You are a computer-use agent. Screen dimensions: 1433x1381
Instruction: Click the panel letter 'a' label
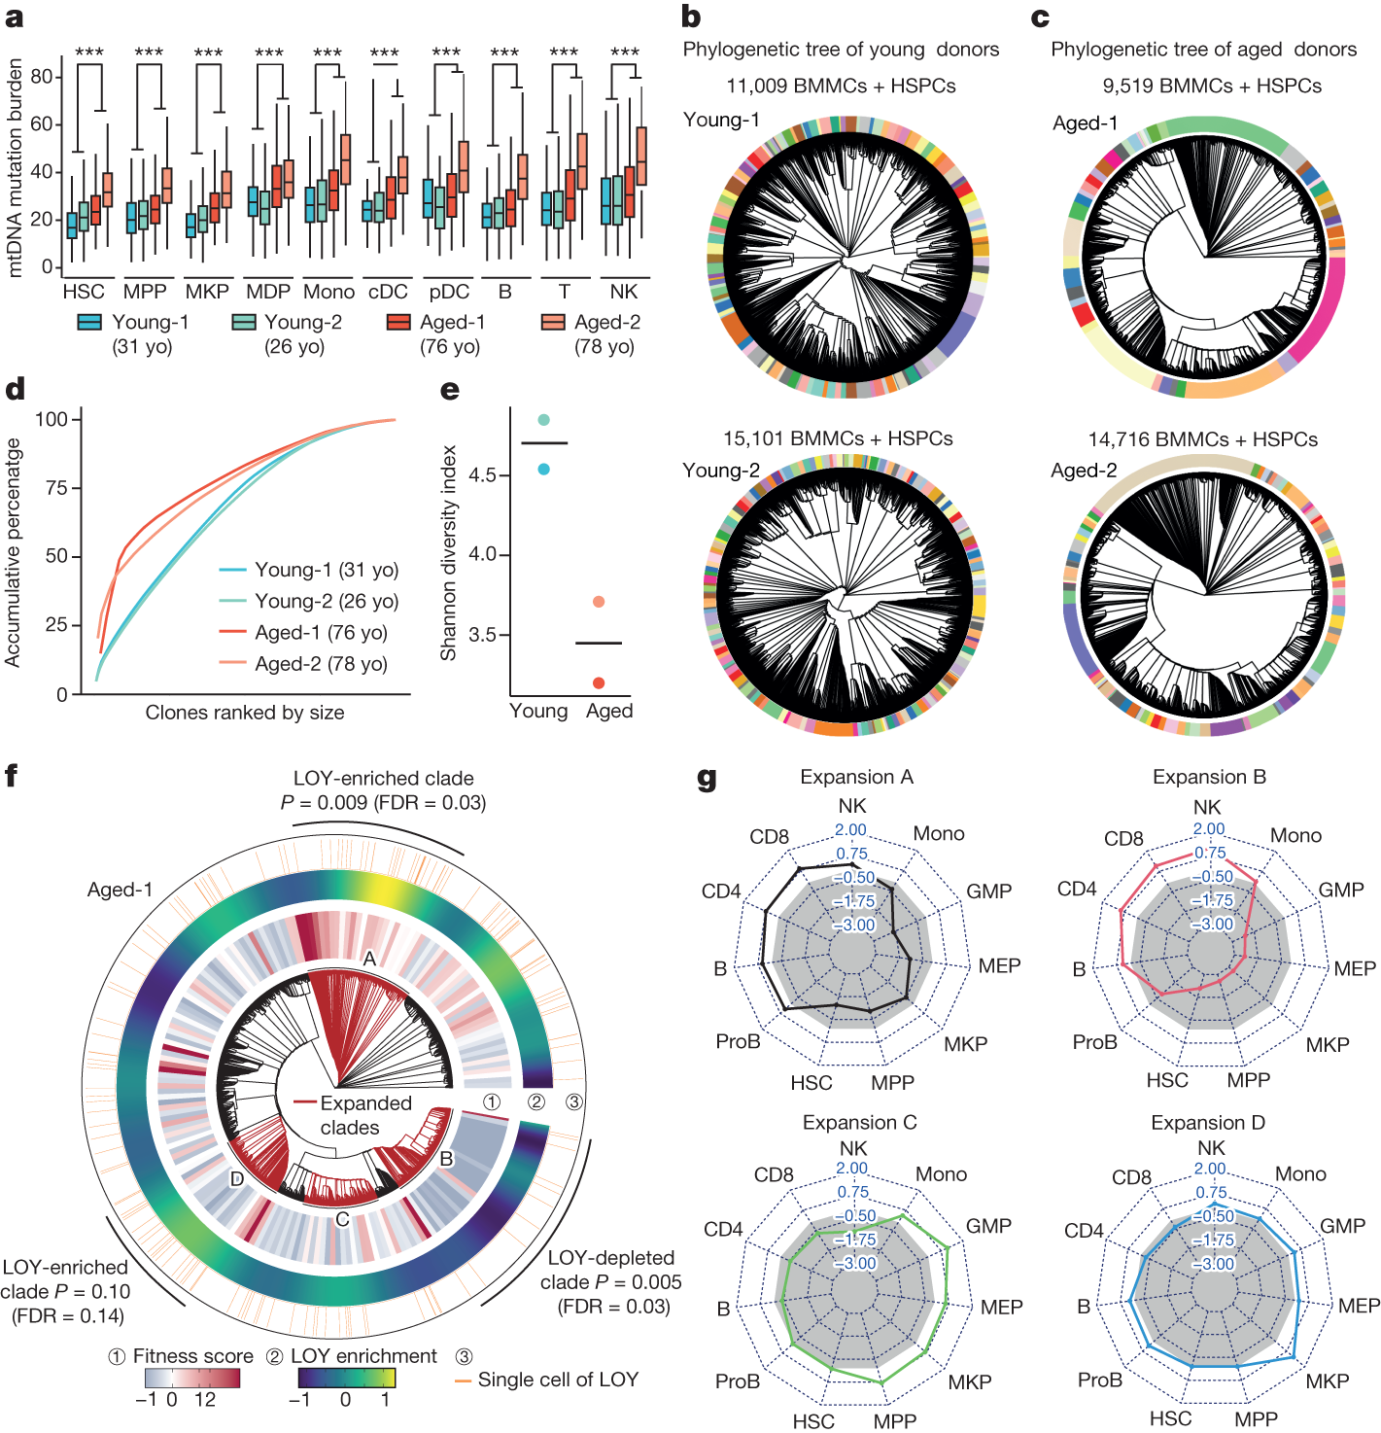coord(14,17)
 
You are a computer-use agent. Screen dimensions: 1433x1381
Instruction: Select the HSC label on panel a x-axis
coord(83,292)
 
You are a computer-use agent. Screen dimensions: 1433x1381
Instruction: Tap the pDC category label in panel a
coord(449,292)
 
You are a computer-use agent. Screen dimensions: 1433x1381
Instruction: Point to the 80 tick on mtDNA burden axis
coord(41,77)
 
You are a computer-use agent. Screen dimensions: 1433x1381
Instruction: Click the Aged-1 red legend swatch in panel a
coord(398,322)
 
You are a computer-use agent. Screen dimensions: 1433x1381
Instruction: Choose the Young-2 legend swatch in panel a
coord(244,322)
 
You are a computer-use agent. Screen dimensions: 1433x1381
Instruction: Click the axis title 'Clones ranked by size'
coord(245,713)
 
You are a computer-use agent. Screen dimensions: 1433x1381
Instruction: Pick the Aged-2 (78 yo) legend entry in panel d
coord(321,664)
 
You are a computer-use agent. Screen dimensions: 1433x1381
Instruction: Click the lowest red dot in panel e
coord(599,683)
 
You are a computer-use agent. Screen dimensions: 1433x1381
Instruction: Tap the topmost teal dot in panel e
coord(544,420)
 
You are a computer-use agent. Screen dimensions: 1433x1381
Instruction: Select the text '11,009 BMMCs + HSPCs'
coord(841,86)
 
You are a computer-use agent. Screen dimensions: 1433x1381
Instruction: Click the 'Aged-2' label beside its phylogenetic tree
coord(1084,471)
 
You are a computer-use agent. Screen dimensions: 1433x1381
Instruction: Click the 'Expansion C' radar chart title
coord(859,1123)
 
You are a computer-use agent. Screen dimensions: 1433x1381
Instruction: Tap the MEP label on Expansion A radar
coord(999,965)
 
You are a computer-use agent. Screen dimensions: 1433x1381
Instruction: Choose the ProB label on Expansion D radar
coord(1100,1381)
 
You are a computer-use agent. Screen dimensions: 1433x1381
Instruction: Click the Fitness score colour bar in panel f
coord(191,1379)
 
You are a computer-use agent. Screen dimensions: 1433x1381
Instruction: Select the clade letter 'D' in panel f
coord(237,1179)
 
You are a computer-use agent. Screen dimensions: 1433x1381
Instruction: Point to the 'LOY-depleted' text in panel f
coord(610,1258)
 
